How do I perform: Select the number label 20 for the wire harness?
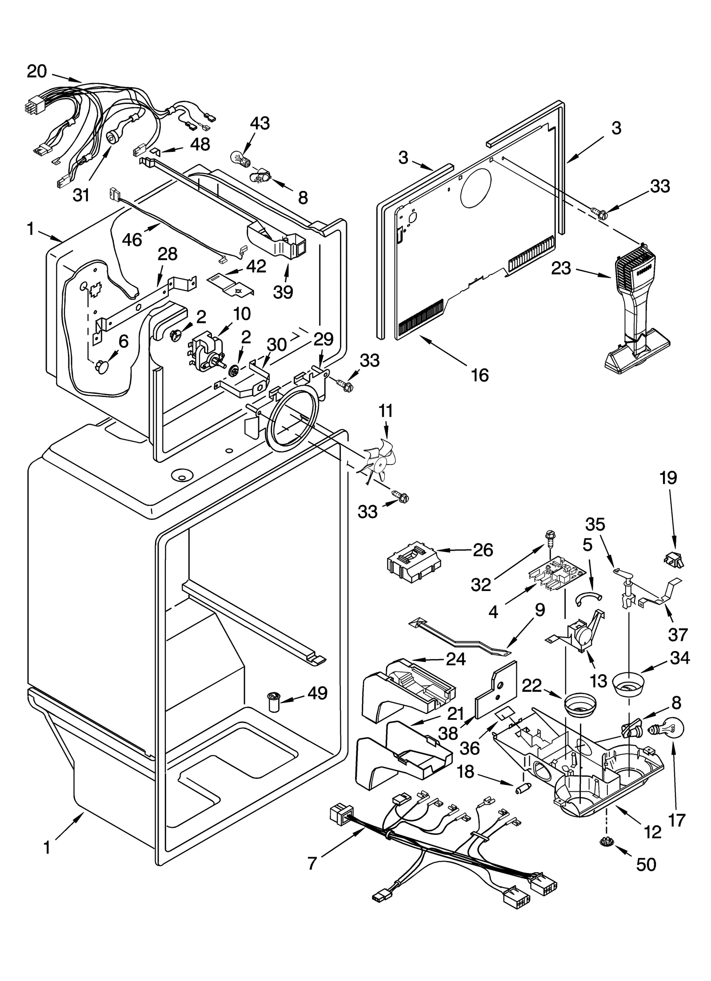[x=36, y=71]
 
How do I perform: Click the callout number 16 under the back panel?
[x=480, y=375]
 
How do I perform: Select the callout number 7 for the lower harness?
[x=312, y=863]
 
